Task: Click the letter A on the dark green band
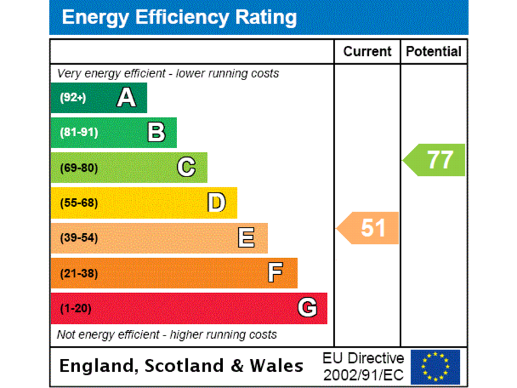coord(126,98)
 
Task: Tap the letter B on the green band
coord(156,133)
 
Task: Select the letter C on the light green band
coord(186,167)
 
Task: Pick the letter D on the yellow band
coord(216,202)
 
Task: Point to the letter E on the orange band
coord(246,237)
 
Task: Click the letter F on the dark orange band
coord(275,273)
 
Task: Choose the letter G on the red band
coord(307,308)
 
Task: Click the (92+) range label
coord(73,98)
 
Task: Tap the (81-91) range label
coord(79,133)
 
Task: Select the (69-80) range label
coord(79,168)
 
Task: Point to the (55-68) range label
coord(79,203)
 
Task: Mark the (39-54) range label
coord(79,238)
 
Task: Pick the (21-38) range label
coord(79,273)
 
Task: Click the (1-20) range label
coord(75,309)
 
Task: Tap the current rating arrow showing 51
coord(369,228)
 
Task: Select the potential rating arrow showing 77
coord(436,160)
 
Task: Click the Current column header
coord(367,52)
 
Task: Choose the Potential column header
coord(434,52)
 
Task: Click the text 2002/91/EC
coord(363,374)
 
